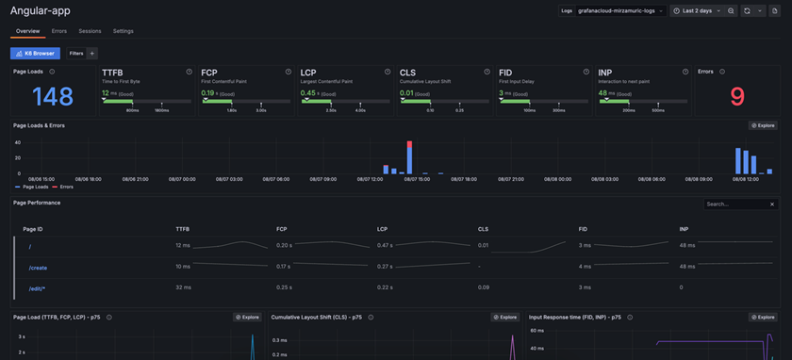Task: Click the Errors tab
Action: [58, 31]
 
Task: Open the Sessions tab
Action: [90, 31]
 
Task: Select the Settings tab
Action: [124, 31]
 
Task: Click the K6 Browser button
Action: [35, 54]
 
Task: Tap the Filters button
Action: [76, 54]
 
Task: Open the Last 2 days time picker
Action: [697, 11]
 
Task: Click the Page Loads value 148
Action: [53, 96]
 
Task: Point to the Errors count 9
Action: [737, 96]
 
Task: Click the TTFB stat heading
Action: [112, 73]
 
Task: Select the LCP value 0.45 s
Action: [308, 93]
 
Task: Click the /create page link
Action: [38, 268]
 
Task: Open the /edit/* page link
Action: [37, 288]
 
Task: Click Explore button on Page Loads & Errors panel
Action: [763, 125]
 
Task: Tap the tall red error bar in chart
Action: [409, 156]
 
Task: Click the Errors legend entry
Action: [64, 187]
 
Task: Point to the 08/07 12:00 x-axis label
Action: [370, 179]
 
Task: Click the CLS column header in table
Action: [483, 229]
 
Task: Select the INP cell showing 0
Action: [682, 287]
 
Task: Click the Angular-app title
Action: [41, 11]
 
